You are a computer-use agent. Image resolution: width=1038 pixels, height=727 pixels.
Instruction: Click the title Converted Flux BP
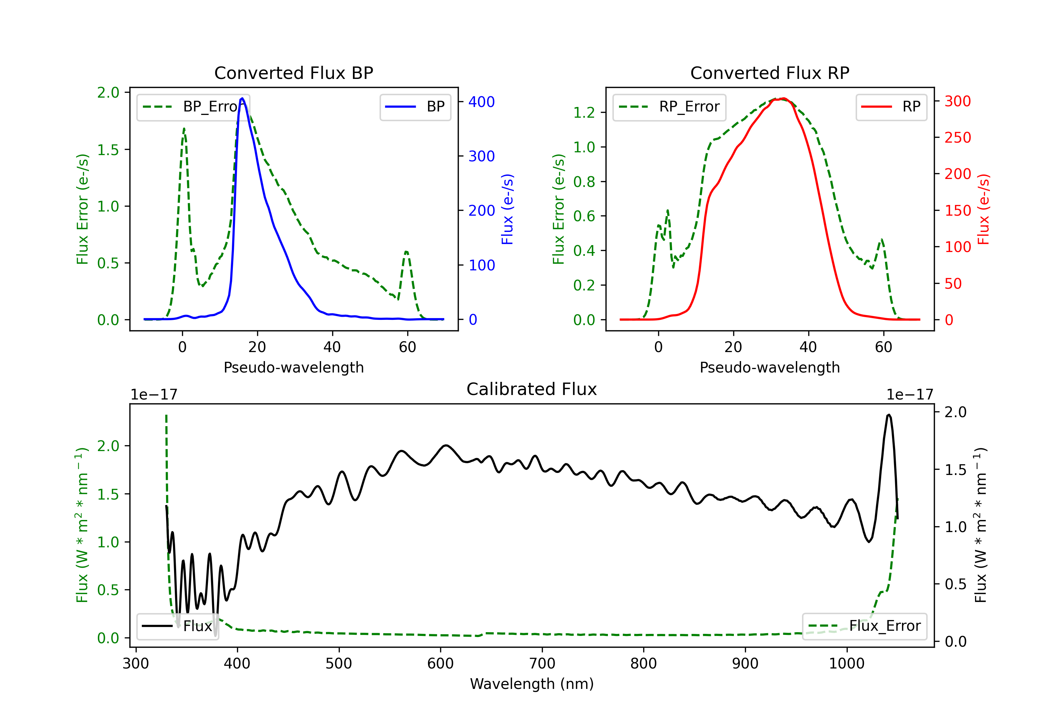pyautogui.click(x=293, y=73)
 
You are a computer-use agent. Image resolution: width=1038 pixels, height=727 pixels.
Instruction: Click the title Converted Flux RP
pyautogui.click(x=770, y=73)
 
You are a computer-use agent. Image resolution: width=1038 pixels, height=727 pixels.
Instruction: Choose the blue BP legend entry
pyautogui.click(x=415, y=107)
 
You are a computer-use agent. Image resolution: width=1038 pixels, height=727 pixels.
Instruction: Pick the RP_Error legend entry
pyautogui.click(x=669, y=107)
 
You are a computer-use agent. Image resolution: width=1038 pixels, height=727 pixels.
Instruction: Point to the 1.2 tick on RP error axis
pyautogui.click(x=584, y=112)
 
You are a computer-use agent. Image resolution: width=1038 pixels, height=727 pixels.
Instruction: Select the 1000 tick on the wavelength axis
pyautogui.click(x=846, y=664)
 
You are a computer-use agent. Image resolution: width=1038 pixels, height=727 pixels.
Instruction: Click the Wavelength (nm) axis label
pyautogui.click(x=532, y=684)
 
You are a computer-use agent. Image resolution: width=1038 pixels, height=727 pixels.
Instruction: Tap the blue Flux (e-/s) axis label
pyautogui.click(x=507, y=209)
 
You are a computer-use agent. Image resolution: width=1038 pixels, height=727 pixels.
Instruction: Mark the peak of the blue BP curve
pyautogui.click(x=242, y=98)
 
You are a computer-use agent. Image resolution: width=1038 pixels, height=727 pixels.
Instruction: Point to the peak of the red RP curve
pyautogui.click(x=783, y=98)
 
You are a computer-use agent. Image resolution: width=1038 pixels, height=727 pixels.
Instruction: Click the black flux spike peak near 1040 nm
pyautogui.click(x=889, y=414)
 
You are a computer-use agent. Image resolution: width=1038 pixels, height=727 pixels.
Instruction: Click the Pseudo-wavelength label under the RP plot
pyautogui.click(x=770, y=367)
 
